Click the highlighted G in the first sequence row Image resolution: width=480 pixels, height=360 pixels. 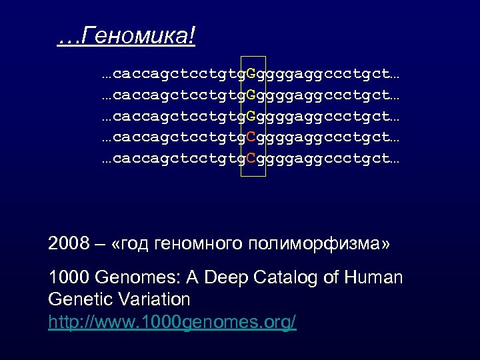click(x=251, y=71)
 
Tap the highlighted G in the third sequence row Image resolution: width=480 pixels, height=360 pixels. click(x=251, y=117)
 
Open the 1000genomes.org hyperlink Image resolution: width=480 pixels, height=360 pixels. click(x=173, y=323)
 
